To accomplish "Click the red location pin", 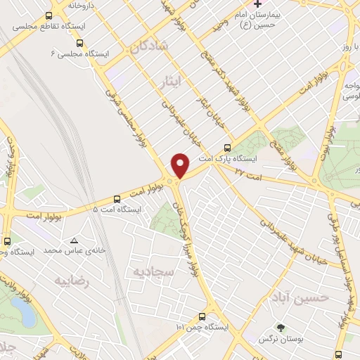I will (181, 165).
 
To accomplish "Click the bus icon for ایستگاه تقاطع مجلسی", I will (48, 15).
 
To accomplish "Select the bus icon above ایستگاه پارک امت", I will (226, 148).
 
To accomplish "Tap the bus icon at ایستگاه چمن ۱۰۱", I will (202, 316).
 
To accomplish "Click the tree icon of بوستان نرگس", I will (281, 328).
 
